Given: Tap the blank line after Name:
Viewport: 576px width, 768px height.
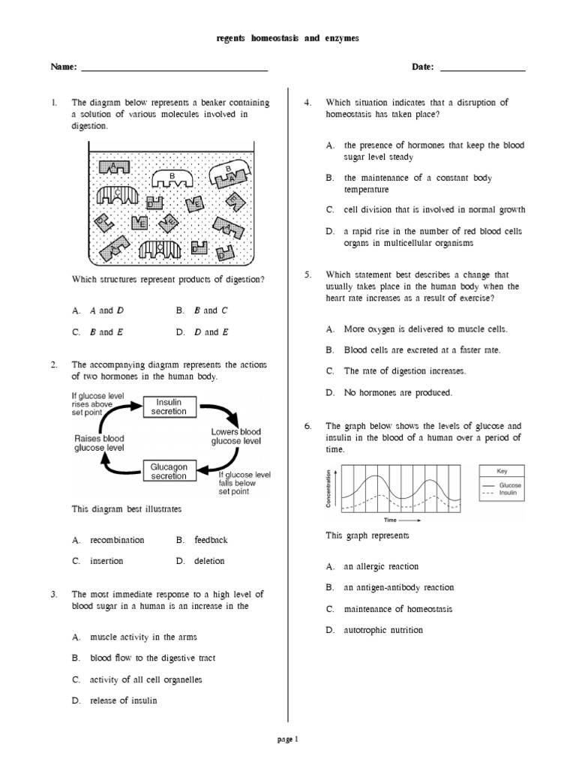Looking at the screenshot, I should point(174,70).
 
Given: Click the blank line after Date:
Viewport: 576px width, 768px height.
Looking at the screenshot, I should point(482,70).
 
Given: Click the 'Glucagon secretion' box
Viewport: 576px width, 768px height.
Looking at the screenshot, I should point(169,471).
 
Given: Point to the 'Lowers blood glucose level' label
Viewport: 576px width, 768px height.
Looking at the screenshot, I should point(236,436).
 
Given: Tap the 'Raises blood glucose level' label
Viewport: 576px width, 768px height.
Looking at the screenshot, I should point(99,442).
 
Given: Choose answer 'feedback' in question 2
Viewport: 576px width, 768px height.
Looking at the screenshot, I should point(211,539).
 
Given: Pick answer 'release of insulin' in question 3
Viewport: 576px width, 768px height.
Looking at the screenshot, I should point(124,700).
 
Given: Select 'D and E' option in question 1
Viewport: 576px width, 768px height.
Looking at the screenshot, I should point(212,331).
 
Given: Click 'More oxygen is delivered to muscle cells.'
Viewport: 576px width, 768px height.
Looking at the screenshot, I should point(425,328).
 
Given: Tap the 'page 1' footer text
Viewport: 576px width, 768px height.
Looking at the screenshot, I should point(288,739).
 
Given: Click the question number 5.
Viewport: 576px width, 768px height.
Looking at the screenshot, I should point(307,275).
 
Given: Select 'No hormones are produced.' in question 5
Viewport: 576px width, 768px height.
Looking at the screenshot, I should point(398,391).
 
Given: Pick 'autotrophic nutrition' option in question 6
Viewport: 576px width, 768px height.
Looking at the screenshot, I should point(383,630).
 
